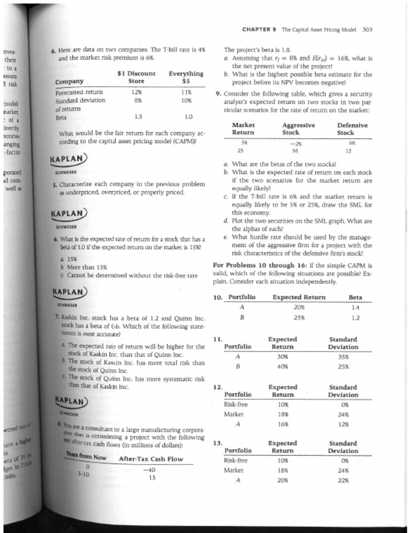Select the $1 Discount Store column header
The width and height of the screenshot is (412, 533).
(136, 77)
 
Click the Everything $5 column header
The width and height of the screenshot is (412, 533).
(186, 77)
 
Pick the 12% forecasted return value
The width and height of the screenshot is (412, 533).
(137, 92)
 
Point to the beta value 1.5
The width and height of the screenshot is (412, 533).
(137, 115)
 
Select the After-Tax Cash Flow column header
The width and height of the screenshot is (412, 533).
(150, 459)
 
